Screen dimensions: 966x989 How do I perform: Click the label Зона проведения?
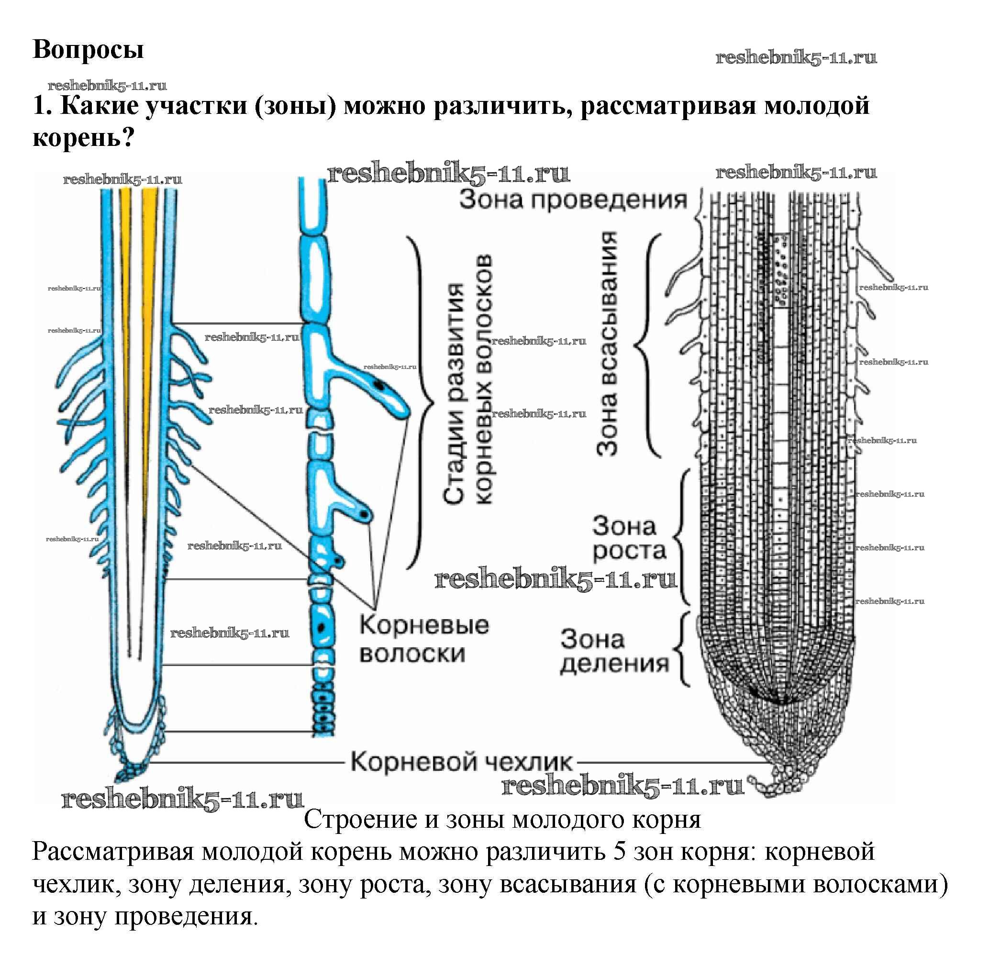(x=573, y=200)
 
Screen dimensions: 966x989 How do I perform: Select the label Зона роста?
(x=628, y=538)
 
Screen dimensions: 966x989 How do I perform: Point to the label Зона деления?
(x=614, y=651)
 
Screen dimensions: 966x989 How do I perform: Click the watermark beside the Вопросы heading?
(x=796, y=58)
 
